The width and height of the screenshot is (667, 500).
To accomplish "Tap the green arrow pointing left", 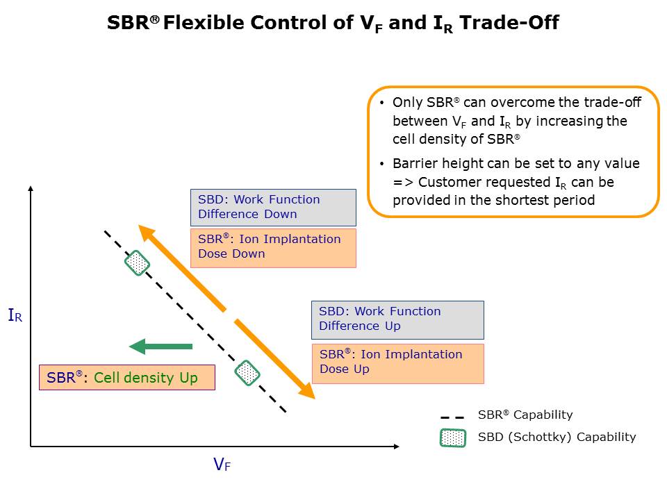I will coord(160,346).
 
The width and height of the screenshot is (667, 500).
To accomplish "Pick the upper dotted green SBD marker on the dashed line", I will coord(138,264).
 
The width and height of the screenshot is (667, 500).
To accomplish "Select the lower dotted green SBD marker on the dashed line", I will coord(247,373).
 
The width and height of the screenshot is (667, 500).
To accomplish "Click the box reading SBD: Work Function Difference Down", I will coord(272,207).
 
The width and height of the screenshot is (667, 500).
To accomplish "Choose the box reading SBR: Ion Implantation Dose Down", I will coord(272,247).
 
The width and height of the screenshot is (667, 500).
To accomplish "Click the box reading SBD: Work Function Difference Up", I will coord(397,319).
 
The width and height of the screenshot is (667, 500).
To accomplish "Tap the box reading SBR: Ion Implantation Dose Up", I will coord(397,362).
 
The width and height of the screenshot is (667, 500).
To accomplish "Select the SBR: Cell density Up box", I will coord(127,378).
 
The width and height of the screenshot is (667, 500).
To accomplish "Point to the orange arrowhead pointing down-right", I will coord(306,392).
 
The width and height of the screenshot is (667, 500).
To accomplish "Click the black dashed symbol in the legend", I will coord(452,417).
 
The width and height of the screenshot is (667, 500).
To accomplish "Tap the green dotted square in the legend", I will coord(453,438).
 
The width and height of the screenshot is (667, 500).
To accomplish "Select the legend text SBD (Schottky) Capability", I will coord(557,437).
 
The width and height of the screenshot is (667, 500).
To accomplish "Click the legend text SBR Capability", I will coord(525,415).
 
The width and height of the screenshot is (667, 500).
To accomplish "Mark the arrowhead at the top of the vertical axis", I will coord(31,189).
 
